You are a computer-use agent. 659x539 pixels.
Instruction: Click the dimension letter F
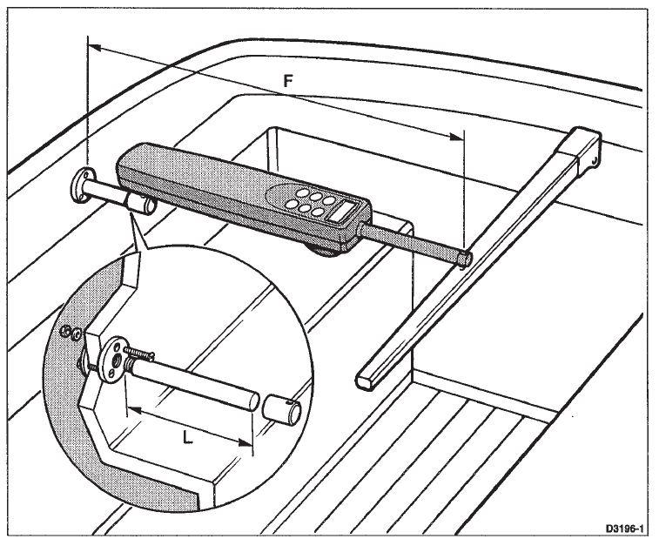(288, 81)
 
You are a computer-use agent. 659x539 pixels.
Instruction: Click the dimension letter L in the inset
(188, 439)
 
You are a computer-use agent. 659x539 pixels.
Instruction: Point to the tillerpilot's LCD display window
(342, 211)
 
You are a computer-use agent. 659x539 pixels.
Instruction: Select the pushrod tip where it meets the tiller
(464, 259)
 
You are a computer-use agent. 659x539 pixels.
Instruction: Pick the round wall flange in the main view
(81, 185)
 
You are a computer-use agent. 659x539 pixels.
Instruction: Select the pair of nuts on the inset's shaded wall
(71, 333)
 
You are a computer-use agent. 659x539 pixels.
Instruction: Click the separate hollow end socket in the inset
(281, 408)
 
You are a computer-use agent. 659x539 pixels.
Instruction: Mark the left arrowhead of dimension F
(95, 48)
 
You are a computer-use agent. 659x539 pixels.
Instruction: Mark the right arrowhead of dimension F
(456, 137)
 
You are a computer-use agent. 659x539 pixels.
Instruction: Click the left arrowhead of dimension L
(134, 409)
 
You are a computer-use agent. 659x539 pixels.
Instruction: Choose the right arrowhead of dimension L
(245, 442)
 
